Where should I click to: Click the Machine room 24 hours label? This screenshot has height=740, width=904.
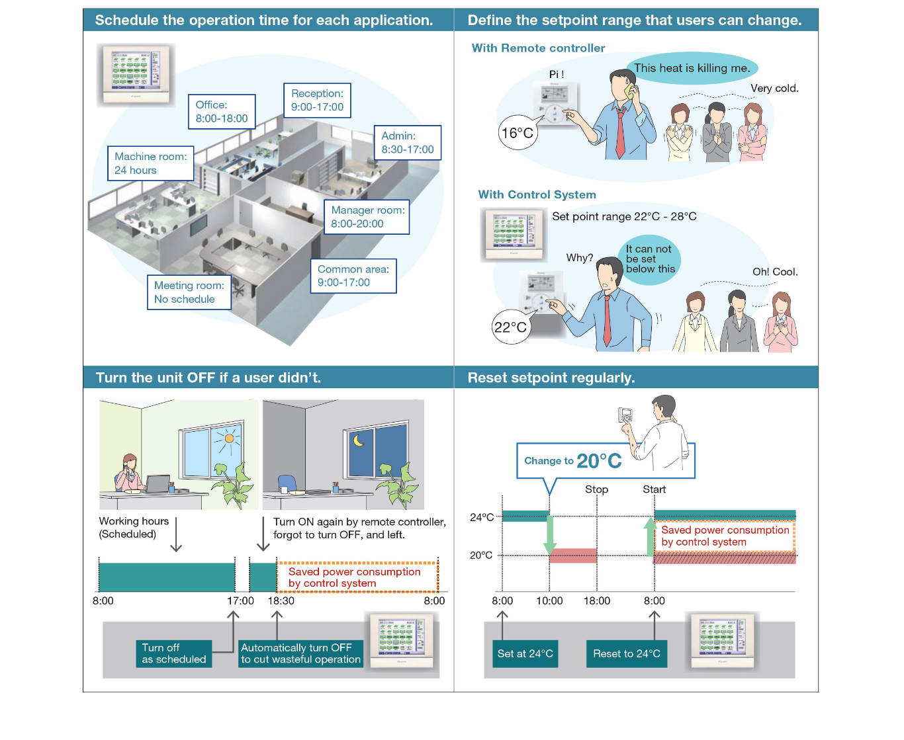151,163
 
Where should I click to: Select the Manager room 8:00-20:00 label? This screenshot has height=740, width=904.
367,217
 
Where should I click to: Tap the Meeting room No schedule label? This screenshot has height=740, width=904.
189,292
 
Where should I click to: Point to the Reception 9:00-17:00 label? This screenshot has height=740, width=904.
317,101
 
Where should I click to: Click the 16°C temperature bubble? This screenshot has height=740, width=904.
517,134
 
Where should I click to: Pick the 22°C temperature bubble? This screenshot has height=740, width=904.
511,327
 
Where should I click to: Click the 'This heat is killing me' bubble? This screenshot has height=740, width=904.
692,68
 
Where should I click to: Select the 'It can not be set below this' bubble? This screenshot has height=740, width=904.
650,259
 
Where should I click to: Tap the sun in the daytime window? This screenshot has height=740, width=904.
229,438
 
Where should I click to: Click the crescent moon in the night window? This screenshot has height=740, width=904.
359,440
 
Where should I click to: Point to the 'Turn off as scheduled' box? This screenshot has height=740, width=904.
174,653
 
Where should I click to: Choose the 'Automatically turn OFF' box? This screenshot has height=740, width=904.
300,653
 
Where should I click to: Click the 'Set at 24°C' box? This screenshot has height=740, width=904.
525,653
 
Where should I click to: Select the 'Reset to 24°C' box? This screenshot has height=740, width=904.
626,653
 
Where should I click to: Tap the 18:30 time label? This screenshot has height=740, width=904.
281,600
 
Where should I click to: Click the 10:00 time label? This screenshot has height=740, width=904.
549,600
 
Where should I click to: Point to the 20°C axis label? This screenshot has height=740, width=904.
481,555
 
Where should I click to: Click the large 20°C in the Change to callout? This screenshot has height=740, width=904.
599,461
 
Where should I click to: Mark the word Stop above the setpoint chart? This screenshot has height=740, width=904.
596,489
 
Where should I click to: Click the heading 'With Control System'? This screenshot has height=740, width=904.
537,194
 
